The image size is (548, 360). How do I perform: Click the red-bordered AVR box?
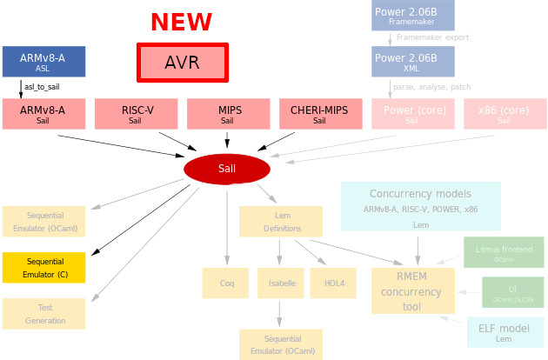pos(182,62)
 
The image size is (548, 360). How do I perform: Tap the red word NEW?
pos(181,22)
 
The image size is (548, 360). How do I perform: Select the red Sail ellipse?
pos(227,168)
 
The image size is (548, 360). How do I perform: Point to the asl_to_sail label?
pos(42,88)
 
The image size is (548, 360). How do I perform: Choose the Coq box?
pos(227,283)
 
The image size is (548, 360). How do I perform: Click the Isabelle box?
pos(279,283)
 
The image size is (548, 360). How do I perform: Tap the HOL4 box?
pos(333,283)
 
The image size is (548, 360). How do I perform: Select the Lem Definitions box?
pos(281,223)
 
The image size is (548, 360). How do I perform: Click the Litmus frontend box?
pos(504,252)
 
